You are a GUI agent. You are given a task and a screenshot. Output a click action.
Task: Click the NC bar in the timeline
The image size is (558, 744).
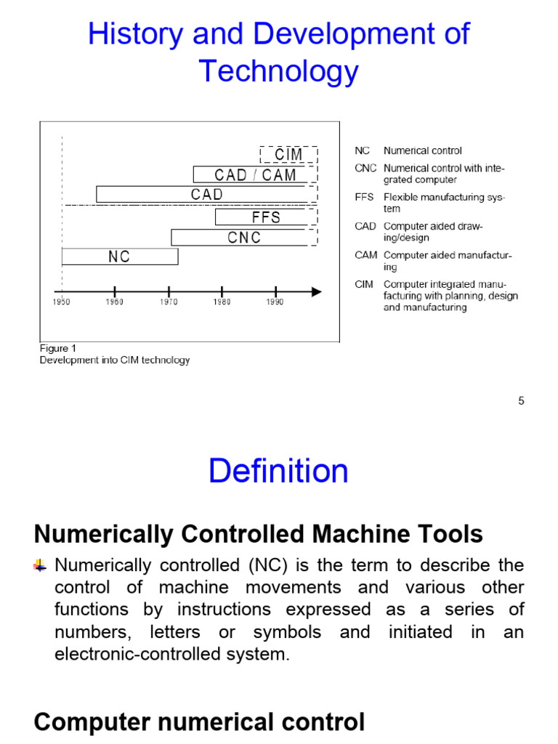pyautogui.click(x=120, y=256)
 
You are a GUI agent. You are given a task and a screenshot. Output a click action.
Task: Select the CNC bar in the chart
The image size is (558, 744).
pyautogui.click(x=243, y=238)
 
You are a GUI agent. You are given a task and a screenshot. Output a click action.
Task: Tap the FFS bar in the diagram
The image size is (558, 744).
pyautogui.click(x=266, y=217)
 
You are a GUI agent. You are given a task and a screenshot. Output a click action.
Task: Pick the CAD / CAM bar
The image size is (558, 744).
pyautogui.click(x=255, y=174)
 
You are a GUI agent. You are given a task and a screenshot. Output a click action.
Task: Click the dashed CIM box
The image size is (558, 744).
pyautogui.click(x=288, y=154)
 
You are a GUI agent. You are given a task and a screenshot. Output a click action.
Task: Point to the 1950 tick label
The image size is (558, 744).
pyautogui.click(x=62, y=302)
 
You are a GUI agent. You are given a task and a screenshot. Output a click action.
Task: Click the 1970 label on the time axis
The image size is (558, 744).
pyautogui.click(x=169, y=302)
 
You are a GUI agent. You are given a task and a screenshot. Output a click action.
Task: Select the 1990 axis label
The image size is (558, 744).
pyautogui.click(x=275, y=302)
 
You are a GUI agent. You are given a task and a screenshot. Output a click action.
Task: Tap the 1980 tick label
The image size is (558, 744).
pyautogui.click(x=222, y=302)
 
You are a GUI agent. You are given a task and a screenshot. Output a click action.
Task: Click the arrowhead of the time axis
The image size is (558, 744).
pyautogui.click(x=317, y=291)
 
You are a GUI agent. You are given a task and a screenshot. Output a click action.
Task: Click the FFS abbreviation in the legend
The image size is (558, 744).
pyautogui.click(x=364, y=198)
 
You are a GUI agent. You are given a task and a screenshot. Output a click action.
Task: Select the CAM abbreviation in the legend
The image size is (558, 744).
pyautogui.click(x=365, y=256)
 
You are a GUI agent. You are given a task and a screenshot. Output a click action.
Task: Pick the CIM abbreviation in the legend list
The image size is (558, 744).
pyautogui.click(x=364, y=285)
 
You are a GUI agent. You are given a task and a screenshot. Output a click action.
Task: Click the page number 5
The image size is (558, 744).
pyautogui.click(x=521, y=400)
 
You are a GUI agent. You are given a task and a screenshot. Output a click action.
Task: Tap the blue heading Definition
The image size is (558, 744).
pyautogui.click(x=278, y=471)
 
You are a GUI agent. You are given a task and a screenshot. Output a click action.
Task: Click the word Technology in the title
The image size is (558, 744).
pyautogui.click(x=278, y=71)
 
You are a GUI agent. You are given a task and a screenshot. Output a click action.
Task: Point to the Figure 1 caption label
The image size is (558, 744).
pyautogui.click(x=57, y=349)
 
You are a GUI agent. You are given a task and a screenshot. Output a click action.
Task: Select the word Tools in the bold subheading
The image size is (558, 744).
pyautogui.click(x=452, y=535)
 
